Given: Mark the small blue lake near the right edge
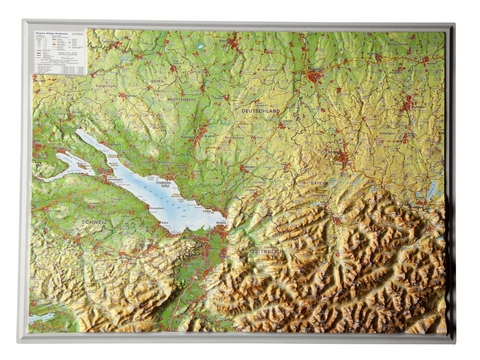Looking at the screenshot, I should coord(432,190).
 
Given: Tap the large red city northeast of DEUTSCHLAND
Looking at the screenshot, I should coord(314,75).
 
